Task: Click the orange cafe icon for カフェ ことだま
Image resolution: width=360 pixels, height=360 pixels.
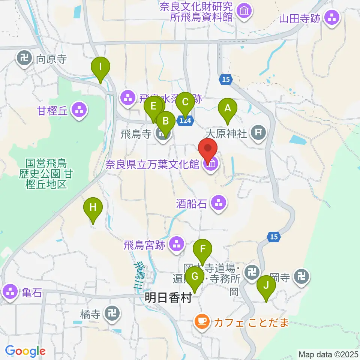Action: point(202,321)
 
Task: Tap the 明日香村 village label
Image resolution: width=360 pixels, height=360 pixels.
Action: point(168,298)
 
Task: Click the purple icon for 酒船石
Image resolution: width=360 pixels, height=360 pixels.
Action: point(218,204)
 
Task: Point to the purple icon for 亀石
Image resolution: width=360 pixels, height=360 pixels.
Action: point(10,291)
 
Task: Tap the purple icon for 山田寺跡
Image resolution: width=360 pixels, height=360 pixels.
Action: point(332,17)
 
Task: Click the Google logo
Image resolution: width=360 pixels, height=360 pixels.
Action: point(25,351)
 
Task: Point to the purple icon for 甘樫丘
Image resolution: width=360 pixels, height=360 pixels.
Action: point(79,110)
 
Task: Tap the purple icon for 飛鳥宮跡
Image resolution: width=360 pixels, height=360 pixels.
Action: point(177,245)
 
